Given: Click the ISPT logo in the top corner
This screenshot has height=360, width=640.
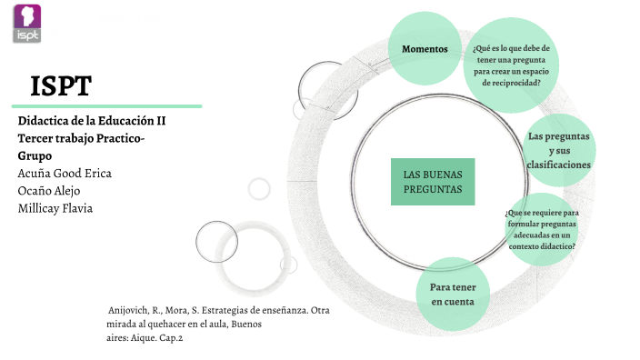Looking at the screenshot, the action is (x=26, y=24).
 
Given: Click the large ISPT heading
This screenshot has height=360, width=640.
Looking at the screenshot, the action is (x=61, y=85).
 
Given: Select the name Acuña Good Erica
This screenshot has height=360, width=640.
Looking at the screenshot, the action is (x=64, y=174).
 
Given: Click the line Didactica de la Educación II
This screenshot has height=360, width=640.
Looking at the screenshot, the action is (x=91, y=120).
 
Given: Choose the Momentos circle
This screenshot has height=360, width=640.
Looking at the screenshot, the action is (x=425, y=48).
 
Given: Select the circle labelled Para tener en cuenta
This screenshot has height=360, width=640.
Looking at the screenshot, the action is (x=453, y=293).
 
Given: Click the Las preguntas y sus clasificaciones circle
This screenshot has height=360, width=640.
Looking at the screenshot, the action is (x=558, y=150).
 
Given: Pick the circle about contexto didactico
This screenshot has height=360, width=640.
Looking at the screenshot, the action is (x=541, y=229).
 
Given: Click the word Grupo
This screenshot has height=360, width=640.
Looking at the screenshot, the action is (x=35, y=155).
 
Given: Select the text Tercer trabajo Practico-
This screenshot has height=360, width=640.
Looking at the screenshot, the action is (x=81, y=137).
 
